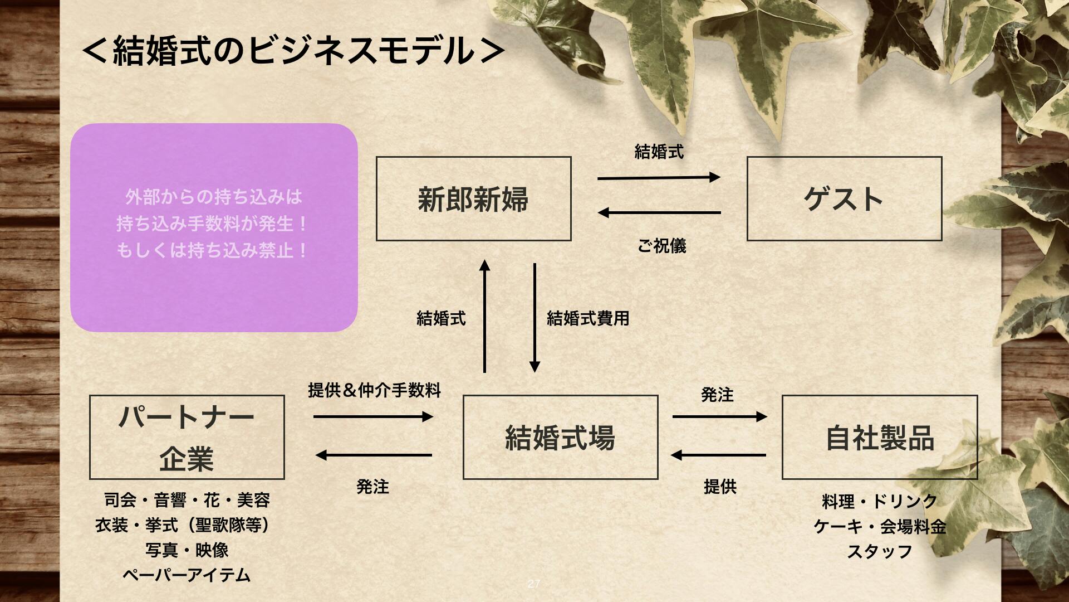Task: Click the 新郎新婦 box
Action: point(473,198)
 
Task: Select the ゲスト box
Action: point(844,198)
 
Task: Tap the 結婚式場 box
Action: point(560,437)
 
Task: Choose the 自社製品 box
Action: point(879,437)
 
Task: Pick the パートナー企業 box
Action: point(187,437)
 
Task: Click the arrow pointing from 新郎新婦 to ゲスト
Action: point(659,178)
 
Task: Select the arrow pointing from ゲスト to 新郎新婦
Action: point(659,212)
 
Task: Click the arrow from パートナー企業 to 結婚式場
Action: point(373,416)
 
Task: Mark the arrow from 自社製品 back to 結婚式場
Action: point(718,455)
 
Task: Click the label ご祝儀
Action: point(661,246)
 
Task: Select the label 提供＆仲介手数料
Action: point(374,390)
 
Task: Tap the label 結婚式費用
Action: point(588,318)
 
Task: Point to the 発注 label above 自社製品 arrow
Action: point(717,395)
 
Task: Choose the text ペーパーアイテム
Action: point(187,575)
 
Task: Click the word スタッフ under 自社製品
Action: point(880,551)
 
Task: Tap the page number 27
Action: point(533,584)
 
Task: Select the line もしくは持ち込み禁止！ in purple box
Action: point(213,250)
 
